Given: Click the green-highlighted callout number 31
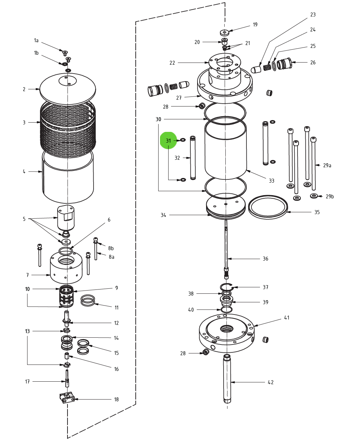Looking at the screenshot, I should pos(168,141).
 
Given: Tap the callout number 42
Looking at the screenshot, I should pos(271,382).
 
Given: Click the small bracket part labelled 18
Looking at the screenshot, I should pos(67,397).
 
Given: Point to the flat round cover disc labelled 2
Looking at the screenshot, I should pos(67,89).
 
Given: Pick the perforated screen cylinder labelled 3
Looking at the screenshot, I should pos(68,125).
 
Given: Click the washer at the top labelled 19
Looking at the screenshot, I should pos(224,33).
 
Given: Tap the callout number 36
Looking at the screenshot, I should pos(265,259).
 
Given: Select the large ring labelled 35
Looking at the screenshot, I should pos(268,207).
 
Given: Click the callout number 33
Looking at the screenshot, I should pos(271,181).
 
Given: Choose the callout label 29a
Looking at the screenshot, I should pos(327,165).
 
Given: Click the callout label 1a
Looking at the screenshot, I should pos(36,40).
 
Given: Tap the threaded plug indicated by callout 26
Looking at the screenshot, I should pos(285,64).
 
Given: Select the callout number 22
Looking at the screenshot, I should pos(172,63).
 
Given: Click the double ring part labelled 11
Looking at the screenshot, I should pos(88,300).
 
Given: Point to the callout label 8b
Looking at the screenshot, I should pos(111,248).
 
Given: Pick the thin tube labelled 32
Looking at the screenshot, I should pos(193,158).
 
